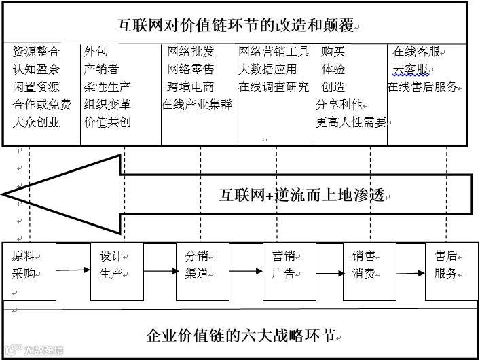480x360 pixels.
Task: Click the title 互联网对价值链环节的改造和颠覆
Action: pyautogui.click(x=236, y=26)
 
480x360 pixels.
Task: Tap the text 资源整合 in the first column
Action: pyautogui.click(x=36, y=52)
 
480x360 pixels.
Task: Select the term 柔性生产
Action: pyautogui.click(x=107, y=87)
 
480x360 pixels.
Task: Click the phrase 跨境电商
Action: pyautogui.click(x=191, y=87)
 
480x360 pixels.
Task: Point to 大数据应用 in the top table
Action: pyautogui.click(x=267, y=69)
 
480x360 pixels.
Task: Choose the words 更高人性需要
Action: pyautogui.click(x=351, y=123)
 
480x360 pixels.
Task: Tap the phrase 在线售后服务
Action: pyautogui.click(x=424, y=87)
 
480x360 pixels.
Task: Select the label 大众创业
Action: pyautogui.click(x=36, y=123)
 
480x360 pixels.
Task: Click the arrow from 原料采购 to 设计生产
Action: pyautogui.click(x=74, y=270)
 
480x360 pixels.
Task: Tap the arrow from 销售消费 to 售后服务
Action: pyautogui.click(x=410, y=274)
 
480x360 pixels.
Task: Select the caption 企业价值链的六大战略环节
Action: pyautogui.click(x=240, y=336)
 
